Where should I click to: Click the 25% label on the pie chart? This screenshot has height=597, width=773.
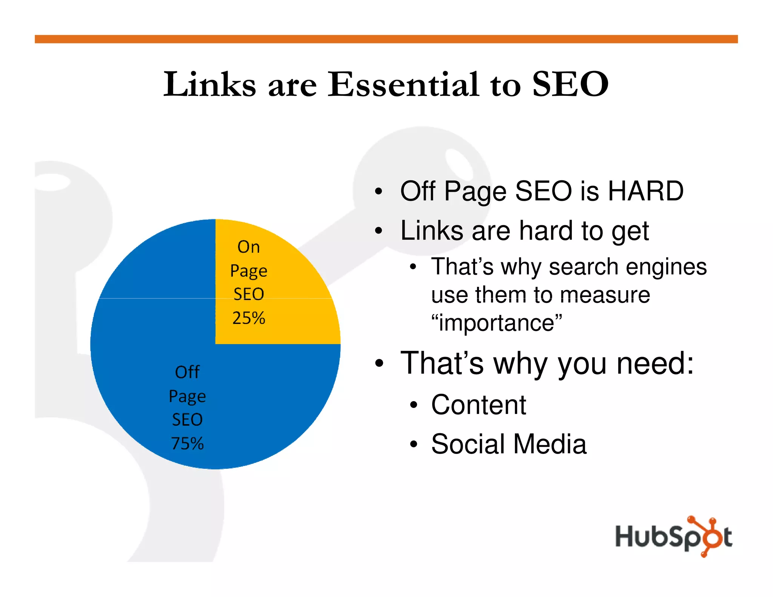pos(249,318)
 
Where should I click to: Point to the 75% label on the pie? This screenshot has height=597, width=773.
pos(187,443)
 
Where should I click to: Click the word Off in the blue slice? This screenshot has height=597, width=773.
pos(187,372)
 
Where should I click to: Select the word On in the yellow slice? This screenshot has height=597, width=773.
pos(249,247)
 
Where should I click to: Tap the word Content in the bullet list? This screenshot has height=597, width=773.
pos(479,405)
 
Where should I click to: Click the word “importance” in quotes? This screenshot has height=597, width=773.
pos(497,323)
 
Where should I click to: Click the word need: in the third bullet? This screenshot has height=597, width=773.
pos(655,363)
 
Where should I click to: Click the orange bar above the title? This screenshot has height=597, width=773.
pos(386,39)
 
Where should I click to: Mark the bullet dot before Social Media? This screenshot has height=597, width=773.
pos(414,444)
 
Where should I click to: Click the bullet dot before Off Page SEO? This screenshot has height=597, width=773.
pos(379,192)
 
